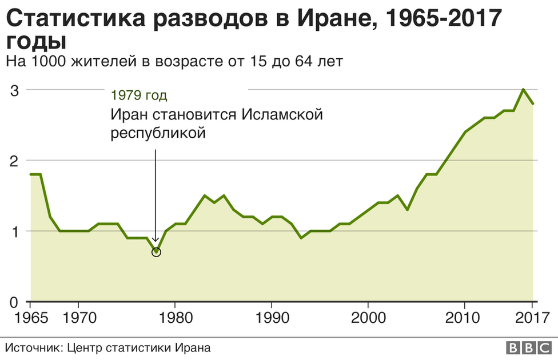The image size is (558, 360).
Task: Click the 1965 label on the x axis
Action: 31,318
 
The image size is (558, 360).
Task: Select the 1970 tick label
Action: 79,318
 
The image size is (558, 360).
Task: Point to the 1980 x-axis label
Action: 176,318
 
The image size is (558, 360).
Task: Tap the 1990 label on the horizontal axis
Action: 273,318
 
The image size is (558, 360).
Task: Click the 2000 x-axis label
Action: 368,318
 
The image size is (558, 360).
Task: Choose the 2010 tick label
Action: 463,318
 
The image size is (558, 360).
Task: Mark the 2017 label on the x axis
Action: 533,318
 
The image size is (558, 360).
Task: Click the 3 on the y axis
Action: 14,91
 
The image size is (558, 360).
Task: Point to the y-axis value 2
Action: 14,161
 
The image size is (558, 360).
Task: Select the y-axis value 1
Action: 14,231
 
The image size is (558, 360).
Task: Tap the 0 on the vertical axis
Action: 14,303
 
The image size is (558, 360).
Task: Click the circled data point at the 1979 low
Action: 156,252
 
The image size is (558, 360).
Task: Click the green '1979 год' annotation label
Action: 139,95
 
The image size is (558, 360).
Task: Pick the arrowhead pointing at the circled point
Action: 155,239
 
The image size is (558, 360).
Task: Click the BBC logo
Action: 529,347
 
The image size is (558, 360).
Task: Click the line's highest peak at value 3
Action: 523,89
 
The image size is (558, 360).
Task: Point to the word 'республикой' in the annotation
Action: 158,133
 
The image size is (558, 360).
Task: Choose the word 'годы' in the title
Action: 36,42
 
